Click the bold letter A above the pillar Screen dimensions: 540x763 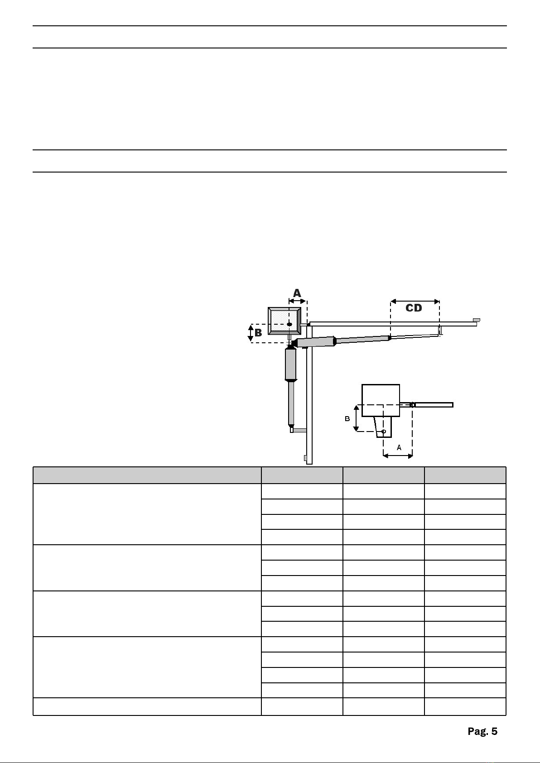[x=297, y=293]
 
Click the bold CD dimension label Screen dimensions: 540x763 [x=414, y=308]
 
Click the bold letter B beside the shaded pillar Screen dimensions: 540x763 [x=258, y=332]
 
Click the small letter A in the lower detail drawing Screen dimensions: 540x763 [x=399, y=447]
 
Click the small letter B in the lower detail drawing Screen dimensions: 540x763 [x=347, y=418]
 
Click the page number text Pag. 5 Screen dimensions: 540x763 [x=482, y=731]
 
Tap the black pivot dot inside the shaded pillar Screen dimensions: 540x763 [x=289, y=324]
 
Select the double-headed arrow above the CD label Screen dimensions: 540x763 [x=415, y=302]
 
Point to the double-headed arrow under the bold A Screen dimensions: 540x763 [x=298, y=301]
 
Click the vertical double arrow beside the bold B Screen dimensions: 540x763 [x=251, y=333]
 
